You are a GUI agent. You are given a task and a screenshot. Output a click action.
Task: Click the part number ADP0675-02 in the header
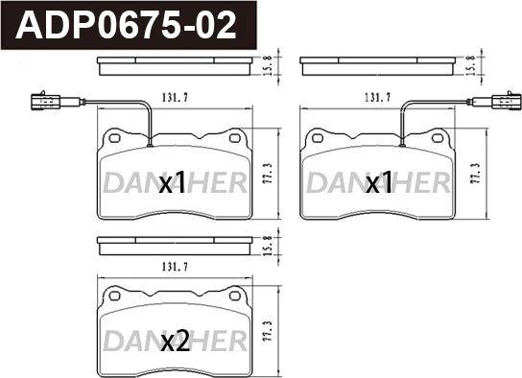pos(126,25)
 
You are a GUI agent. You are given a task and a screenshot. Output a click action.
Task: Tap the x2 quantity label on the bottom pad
pos(176,343)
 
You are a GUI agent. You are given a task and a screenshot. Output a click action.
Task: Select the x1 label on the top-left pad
pos(172,182)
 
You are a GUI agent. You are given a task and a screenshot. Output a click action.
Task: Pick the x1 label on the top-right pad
pos(379,182)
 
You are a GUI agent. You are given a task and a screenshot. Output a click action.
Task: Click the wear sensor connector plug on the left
pos(46,101)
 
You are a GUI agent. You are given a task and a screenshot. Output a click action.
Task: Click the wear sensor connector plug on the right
pos(507,101)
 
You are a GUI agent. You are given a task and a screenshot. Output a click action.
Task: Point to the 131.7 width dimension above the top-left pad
pos(175,98)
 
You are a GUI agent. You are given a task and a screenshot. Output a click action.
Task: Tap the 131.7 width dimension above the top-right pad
pos(378,98)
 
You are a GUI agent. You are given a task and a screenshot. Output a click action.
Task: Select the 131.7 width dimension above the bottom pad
pos(175,267)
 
